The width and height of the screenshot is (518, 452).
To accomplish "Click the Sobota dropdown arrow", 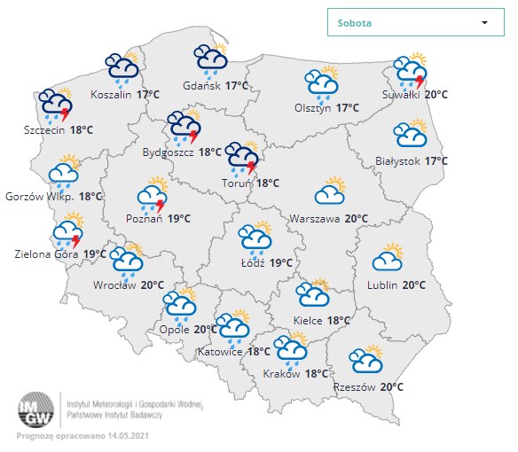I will [484, 23].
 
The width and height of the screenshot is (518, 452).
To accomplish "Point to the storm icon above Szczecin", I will [56, 105].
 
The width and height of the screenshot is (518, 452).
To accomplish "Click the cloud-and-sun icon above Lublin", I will [388, 258].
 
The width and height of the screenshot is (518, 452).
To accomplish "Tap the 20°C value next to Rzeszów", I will [392, 387].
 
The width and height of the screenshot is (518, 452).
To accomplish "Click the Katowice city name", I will [220, 352].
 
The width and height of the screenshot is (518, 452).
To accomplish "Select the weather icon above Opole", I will [180, 306].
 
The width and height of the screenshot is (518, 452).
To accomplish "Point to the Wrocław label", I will [114, 285].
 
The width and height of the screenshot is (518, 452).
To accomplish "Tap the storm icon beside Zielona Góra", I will [67, 232].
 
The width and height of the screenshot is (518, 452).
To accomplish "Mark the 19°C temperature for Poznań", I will [181, 218].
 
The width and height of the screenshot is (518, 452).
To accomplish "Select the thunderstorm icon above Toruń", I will [241, 159].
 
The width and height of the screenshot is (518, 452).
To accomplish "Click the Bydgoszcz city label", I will [169, 152].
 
